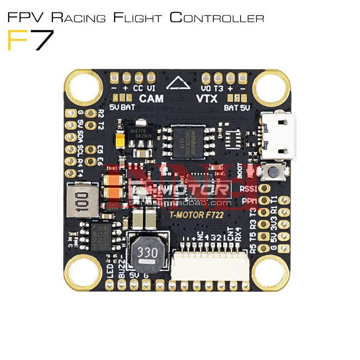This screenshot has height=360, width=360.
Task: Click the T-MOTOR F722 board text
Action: [196, 216]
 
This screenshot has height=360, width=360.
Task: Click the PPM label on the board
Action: [250, 201]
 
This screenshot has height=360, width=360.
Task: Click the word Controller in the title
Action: [217, 19]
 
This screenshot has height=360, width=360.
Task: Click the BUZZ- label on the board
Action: [121, 265]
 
